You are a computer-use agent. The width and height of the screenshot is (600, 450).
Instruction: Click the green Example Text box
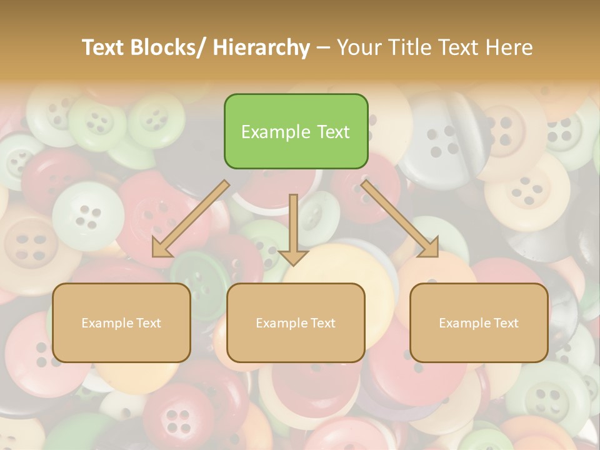pyautogui.click(x=296, y=131)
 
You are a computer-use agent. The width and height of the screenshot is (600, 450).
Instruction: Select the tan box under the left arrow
pyautogui.click(x=121, y=322)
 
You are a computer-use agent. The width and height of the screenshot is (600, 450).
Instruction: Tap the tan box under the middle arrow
pyautogui.click(x=296, y=322)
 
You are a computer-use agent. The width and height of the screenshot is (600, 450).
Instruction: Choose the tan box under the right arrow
pyautogui.click(x=479, y=322)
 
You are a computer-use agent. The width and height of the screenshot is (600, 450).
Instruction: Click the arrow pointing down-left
pyautogui.click(x=191, y=219)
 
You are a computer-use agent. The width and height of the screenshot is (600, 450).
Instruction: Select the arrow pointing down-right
pyautogui.click(x=400, y=219)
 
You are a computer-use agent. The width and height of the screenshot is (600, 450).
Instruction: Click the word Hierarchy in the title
pyautogui.click(x=261, y=47)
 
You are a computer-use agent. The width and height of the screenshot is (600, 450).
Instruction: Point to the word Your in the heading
pyautogui.click(x=359, y=47)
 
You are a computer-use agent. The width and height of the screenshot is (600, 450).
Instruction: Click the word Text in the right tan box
pyautogui.click(x=506, y=323)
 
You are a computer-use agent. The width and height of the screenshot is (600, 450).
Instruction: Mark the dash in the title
pyautogui.click(x=323, y=48)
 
